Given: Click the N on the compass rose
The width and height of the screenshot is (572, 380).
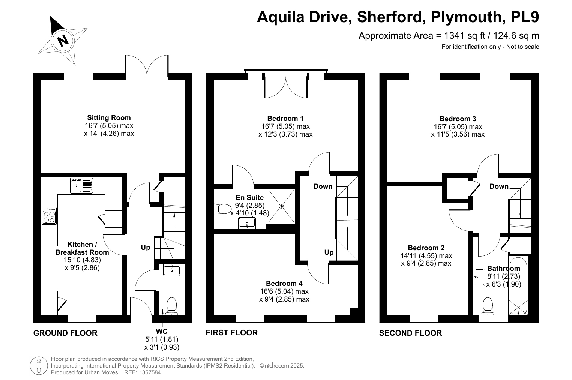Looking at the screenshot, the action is (63, 41).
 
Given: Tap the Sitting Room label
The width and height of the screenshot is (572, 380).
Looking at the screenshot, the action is (109, 118).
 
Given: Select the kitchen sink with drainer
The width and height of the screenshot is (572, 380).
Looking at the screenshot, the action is (81, 185).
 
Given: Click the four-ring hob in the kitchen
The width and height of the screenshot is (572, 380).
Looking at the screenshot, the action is (49, 216).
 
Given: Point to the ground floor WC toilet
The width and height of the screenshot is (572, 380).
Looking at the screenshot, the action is (172, 306).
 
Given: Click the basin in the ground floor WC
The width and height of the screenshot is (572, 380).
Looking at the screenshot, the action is (172, 270).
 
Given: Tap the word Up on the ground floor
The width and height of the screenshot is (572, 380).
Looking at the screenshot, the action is (146, 248).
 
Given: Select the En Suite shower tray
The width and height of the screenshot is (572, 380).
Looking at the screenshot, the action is (281, 206).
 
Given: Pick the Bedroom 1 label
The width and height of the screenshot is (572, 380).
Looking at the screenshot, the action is (285, 119).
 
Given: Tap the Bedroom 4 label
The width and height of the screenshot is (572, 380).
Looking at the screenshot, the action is (284, 284).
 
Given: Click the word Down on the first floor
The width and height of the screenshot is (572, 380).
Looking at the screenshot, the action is (323, 186).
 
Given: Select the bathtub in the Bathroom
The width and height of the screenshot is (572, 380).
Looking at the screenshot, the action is (518, 286).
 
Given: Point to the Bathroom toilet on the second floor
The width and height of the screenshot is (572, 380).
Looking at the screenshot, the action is (488, 306).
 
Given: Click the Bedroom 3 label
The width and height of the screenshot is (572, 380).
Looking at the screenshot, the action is (458, 119).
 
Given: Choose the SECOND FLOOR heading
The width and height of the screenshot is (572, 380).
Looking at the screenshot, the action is (410, 333).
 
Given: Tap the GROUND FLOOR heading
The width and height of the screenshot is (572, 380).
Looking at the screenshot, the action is (65, 333).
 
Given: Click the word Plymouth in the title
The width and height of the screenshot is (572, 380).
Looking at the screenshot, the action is (466, 17).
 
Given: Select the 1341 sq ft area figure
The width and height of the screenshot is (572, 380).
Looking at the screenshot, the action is (465, 36).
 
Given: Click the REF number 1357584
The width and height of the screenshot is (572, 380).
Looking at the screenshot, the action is (150, 372).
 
